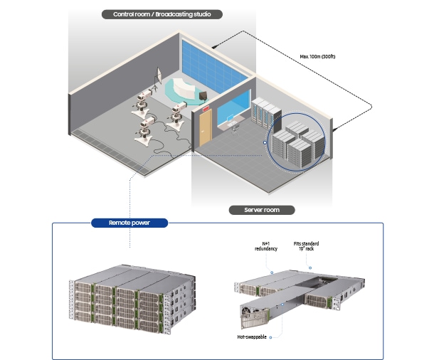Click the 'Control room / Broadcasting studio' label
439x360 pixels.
pyautogui.click(x=162, y=14)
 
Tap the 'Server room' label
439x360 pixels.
pyautogui.click(x=262, y=210)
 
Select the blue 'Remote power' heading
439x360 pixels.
pyautogui.click(x=129, y=223)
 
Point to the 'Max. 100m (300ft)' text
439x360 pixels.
pyautogui.click(x=317, y=56)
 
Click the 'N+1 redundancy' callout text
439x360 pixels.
pyautogui.click(x=266, y=246)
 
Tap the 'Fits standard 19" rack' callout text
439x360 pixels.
pyautogui.click(x=306, y=246)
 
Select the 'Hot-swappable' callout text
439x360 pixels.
pyautogui.click(x=252, y=337)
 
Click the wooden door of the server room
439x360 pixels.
pyautogui.click(x=205, y=127)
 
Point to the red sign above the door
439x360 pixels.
pyautogui.click(x=206, y=108)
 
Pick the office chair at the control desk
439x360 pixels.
pyautogui.click(x=236, y=129)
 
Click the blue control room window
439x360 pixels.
pyautogui.click(x=234, y=106)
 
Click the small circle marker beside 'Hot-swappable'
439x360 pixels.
pyautogui.click(x=270, y=338)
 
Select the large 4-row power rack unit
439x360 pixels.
pyautogui.click(x=132, y=299)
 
